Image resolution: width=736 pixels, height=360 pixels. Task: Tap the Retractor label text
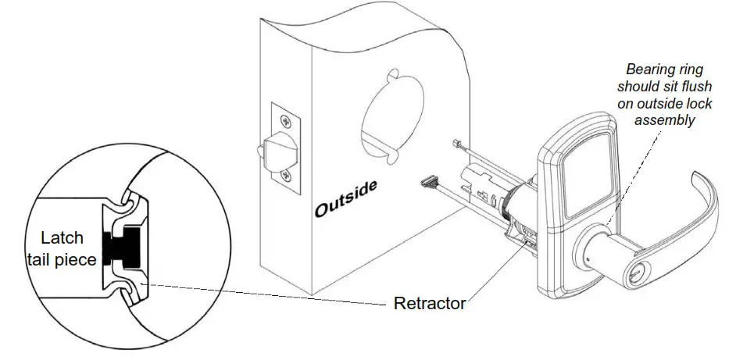(x=430, y=303)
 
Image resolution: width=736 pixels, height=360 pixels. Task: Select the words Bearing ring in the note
(x=659, y=68)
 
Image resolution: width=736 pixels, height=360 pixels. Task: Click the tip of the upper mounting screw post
(x=455, y=141)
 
